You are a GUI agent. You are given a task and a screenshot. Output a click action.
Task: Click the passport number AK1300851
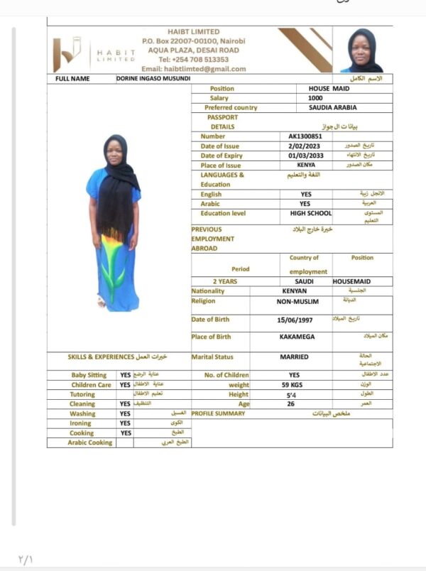tap(305, 136)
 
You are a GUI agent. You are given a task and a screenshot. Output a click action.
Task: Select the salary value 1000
tap(315, 98)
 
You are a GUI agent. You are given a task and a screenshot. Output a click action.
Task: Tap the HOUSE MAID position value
tap(314, 89)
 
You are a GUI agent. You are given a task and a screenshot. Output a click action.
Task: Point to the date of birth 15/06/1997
tap(293, 320)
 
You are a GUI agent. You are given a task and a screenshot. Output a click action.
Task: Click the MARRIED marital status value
tap(294, 357)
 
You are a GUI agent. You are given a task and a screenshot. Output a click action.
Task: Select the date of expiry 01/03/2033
tap(305, 156)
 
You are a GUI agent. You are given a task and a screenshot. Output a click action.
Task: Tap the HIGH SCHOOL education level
tap(311, 213)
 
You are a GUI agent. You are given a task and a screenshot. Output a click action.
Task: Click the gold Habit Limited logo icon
tap(67, 55)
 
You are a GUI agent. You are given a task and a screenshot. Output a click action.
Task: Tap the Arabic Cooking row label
tap(90, 442)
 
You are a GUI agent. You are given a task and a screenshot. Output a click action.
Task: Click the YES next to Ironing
tap(125, 423)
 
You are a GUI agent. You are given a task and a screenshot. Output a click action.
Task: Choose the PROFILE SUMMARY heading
tap(218, 413)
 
